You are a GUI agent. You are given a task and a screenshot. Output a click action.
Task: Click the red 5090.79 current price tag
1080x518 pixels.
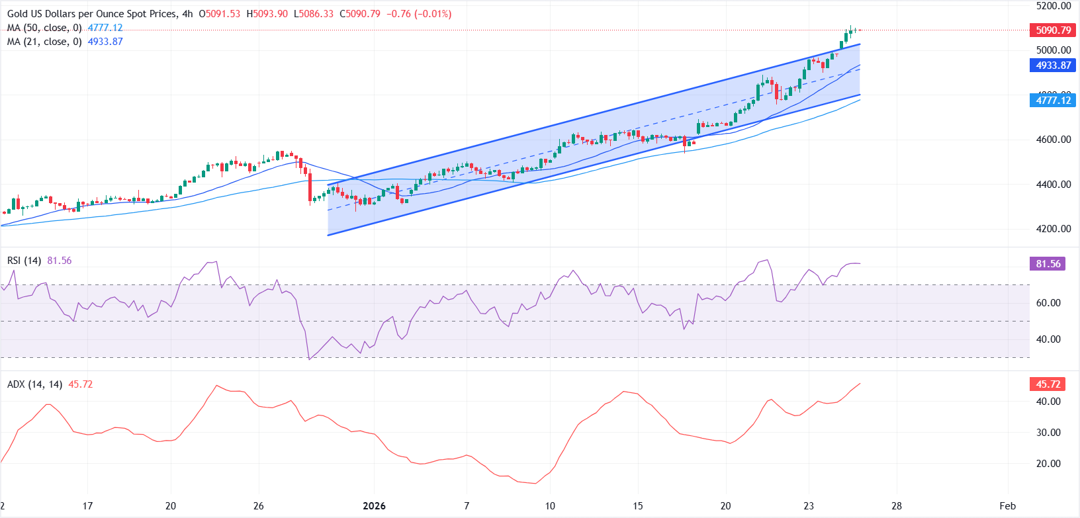click(1053, 30)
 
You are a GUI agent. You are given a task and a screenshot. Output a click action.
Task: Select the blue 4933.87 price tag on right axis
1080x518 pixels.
click(1053, 65)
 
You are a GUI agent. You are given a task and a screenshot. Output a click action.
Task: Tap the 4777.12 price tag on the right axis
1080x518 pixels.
click(1053, 101)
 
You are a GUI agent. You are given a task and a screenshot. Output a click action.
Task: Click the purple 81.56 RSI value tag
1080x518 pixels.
click(1048, 264)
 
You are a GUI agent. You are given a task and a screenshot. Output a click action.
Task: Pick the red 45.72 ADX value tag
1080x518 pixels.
click(1048, 384)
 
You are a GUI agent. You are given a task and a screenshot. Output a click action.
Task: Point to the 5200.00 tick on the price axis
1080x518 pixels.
click(1053, 6)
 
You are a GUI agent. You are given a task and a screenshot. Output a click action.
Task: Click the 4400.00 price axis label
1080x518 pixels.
click(1053, 185)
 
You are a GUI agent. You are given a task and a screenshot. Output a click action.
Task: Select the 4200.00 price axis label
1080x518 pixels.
click(1053, 229)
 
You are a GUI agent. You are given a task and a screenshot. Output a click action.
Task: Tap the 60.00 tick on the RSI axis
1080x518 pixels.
click(1048, 303)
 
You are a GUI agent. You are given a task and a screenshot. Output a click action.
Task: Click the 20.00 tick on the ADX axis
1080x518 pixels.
click(1048, 464)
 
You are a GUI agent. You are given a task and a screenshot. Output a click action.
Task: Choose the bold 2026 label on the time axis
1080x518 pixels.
click(374, 506)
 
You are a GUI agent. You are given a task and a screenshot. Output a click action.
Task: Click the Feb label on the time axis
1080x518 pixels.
click(1007, 506)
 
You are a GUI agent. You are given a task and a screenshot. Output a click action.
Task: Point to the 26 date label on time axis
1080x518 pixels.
click(258, 506)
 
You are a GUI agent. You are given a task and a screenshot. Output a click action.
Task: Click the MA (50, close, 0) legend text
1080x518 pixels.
click(44, 28)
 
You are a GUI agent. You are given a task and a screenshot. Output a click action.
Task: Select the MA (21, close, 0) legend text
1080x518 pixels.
click(44, 42)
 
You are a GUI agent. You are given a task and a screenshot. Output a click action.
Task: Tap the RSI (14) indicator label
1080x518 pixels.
click(24, 261)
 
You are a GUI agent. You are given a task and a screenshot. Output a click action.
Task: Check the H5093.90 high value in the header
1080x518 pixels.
click(267, 14)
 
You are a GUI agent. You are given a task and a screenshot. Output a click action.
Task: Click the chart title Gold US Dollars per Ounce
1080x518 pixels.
click(93, 14)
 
